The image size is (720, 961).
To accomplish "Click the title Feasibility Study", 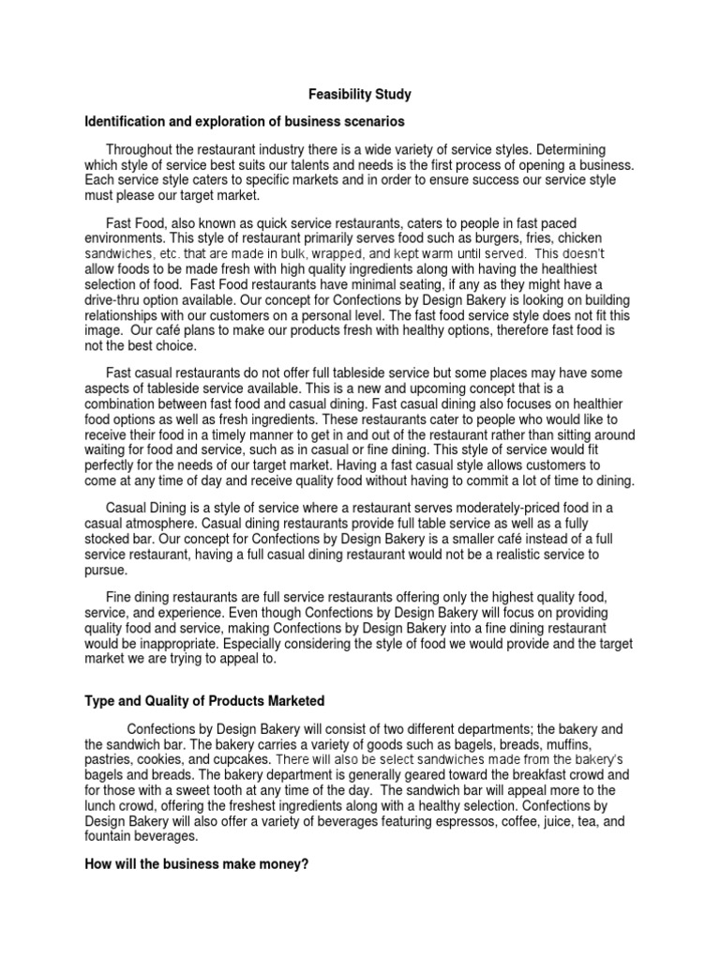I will pos(360,95).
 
